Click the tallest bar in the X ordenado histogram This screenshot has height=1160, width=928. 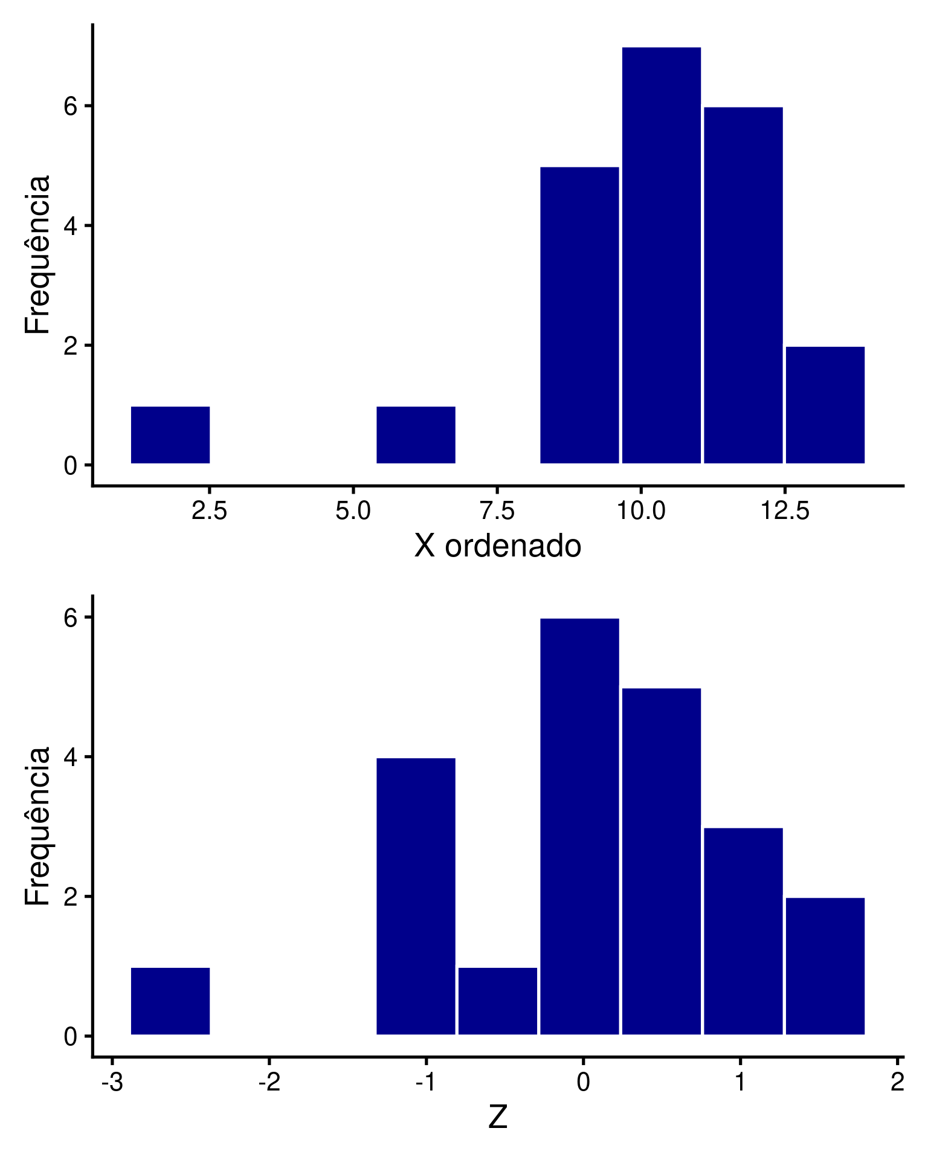[661, 255]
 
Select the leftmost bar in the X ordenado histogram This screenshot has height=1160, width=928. [170, 435]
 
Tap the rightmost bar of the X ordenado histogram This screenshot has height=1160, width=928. [825, 405]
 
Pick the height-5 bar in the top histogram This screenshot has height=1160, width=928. [579, 315]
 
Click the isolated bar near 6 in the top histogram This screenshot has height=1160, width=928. [416, 435]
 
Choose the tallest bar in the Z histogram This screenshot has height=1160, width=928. [579, 826]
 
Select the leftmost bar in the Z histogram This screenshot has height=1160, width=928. [170, 1001]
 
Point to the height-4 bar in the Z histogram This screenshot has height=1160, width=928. [416, 896]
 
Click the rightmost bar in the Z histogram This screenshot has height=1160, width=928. [825, 966]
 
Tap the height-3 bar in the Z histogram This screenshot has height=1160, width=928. [743, 931]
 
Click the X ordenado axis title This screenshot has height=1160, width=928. [497, 546]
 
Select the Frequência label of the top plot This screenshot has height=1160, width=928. [37, 254]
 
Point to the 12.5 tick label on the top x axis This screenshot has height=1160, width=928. [784, 511]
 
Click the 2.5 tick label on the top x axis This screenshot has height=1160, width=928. [209, 511]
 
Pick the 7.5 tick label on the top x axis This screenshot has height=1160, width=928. [497, 511]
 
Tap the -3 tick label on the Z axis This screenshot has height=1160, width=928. [112, 1083]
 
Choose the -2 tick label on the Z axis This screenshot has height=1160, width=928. [269, 1083]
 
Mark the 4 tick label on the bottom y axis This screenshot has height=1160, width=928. [71, 757]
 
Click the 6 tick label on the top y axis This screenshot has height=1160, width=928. [71, 106]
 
